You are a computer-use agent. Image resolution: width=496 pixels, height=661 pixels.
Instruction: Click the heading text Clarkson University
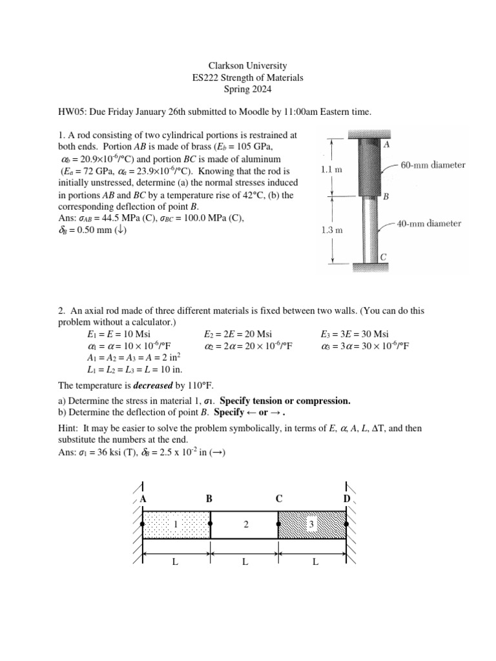pos(248,66)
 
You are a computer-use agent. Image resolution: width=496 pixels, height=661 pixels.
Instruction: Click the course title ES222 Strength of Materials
pos(248,77)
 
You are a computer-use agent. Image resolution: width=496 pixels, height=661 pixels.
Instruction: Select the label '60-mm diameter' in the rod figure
pos(433,165)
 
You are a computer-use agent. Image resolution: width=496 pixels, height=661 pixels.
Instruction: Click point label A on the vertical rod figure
pos(386,146)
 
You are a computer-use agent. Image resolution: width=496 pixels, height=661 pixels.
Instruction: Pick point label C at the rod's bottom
pos(383,257)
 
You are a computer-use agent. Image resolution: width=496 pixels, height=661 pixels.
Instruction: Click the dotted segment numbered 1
pos(176,525)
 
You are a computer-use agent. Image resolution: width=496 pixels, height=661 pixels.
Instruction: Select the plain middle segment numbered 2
pos(245,525)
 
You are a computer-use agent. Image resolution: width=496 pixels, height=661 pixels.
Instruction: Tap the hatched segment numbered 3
pos(312,525)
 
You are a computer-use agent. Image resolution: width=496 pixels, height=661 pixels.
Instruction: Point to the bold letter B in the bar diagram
pos(209,499)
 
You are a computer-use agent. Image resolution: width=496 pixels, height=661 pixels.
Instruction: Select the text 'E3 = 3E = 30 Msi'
pos(355,334)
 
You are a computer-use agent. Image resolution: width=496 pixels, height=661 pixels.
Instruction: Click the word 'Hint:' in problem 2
pos(69,428)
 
